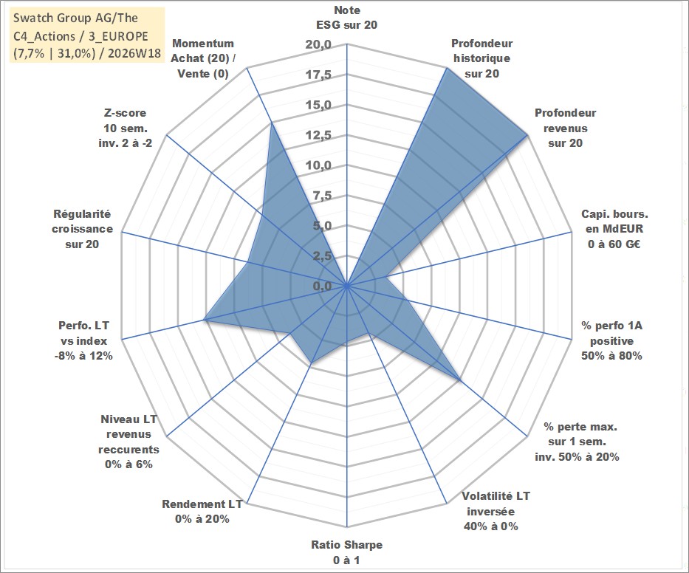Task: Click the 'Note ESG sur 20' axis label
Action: (346, 18)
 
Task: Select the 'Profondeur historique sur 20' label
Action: (481, 58)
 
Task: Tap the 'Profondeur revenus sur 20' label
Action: (565, 128)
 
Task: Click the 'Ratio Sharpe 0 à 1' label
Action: (346, 552)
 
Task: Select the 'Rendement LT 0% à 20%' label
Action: (202, 512)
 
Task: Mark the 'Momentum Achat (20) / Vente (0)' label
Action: (202, 58)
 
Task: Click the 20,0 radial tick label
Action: (318, 45)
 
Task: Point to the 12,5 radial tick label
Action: (318, 135)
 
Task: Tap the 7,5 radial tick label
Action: (322, 196)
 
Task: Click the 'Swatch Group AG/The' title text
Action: (75, 18)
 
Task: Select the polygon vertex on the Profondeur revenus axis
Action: (527, 135)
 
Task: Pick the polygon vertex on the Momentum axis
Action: (272, 124)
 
